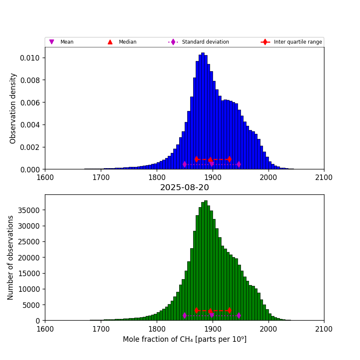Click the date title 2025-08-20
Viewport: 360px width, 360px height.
click(x=184, y=188)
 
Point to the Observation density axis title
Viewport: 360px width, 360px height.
click(x=13, y=108)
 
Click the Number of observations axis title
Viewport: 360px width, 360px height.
click(x=11, y=258)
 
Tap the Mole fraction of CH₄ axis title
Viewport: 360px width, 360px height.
click(x=184, y=339)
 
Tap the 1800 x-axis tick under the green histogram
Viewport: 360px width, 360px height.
click(x=157, y=329)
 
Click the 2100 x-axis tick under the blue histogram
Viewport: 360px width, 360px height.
click(x=324, y=177)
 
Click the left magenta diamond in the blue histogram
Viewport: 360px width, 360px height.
click(x=185, y=164)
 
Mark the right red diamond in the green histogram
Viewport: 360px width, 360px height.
click(x=230, y=310)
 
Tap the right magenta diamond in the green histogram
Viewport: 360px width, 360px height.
click(x=239, y=315)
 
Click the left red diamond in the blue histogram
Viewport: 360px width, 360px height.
click(x=197, y=159)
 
